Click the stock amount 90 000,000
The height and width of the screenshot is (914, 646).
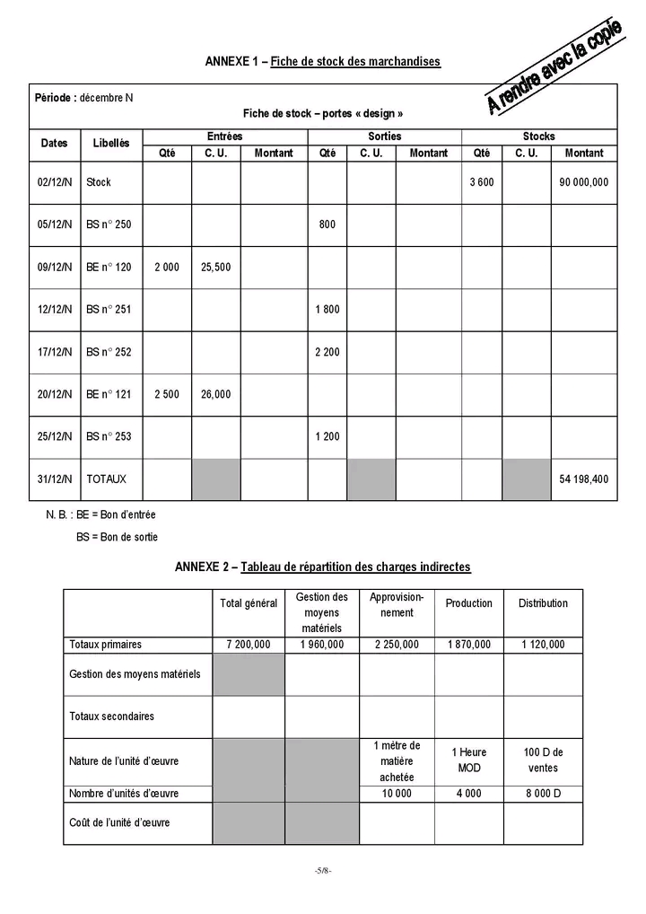tap(584, 182)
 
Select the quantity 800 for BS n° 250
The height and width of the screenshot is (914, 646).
tap(327, 224)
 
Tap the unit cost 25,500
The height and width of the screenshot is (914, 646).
tap(215, 268)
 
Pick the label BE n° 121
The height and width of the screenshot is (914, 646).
tap(109, 394)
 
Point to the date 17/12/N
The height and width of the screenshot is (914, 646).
tap(55, 352)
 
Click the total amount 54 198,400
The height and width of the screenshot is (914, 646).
tap(584, 479)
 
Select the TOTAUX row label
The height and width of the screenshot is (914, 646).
tap(107, 479)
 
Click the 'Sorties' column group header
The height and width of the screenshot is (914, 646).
tap(384, 136)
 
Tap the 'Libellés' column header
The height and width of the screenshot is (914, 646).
tap(111, 144)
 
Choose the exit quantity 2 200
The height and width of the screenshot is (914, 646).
tap(327, 352)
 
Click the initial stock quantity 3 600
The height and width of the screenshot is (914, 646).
tap(482, 182)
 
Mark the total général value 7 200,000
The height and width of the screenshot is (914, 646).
tap(249, 645)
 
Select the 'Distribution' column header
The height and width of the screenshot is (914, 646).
tap(543, 603)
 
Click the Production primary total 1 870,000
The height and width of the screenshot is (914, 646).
tap(468, 645)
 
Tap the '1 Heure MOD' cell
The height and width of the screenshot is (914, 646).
tap(468, 760)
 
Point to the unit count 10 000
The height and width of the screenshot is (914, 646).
tap(397, 794)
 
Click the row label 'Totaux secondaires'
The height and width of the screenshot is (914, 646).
tap(111, 716)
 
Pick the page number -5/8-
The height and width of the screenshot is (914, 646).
tap(323, 872)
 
